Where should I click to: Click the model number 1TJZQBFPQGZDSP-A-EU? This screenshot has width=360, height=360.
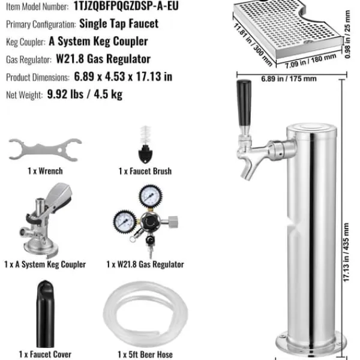(x=126, y=6)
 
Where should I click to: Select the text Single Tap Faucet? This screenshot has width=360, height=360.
(x=119, y=23)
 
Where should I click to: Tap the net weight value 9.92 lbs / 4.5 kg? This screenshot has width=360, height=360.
(x=85, y=94)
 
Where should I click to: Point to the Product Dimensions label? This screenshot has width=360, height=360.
(x=38, y=77)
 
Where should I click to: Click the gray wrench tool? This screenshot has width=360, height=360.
(x=45, y=150)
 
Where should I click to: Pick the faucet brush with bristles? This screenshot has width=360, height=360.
(x=145, y=145)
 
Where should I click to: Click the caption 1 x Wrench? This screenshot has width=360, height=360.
(x=45, y=171)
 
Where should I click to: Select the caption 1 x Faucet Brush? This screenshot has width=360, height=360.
(x=145, y=171)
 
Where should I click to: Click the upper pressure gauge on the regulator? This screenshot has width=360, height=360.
(x=151, y=197)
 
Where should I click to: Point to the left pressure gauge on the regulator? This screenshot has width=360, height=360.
(x=125, y=221)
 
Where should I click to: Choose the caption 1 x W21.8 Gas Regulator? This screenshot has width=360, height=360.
(x=145, y=265)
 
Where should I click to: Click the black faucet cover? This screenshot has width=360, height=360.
(x=45, y=314)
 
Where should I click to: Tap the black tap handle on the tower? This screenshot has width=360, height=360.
(x=244, y=103)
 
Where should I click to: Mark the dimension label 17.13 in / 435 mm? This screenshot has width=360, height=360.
(x=346, y=252)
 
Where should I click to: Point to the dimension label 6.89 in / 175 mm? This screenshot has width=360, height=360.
(x=289, y=79)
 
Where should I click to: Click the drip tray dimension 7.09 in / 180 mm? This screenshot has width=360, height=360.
(x=311, y=61)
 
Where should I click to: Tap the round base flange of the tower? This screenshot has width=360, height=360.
(x=311, y=344)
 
